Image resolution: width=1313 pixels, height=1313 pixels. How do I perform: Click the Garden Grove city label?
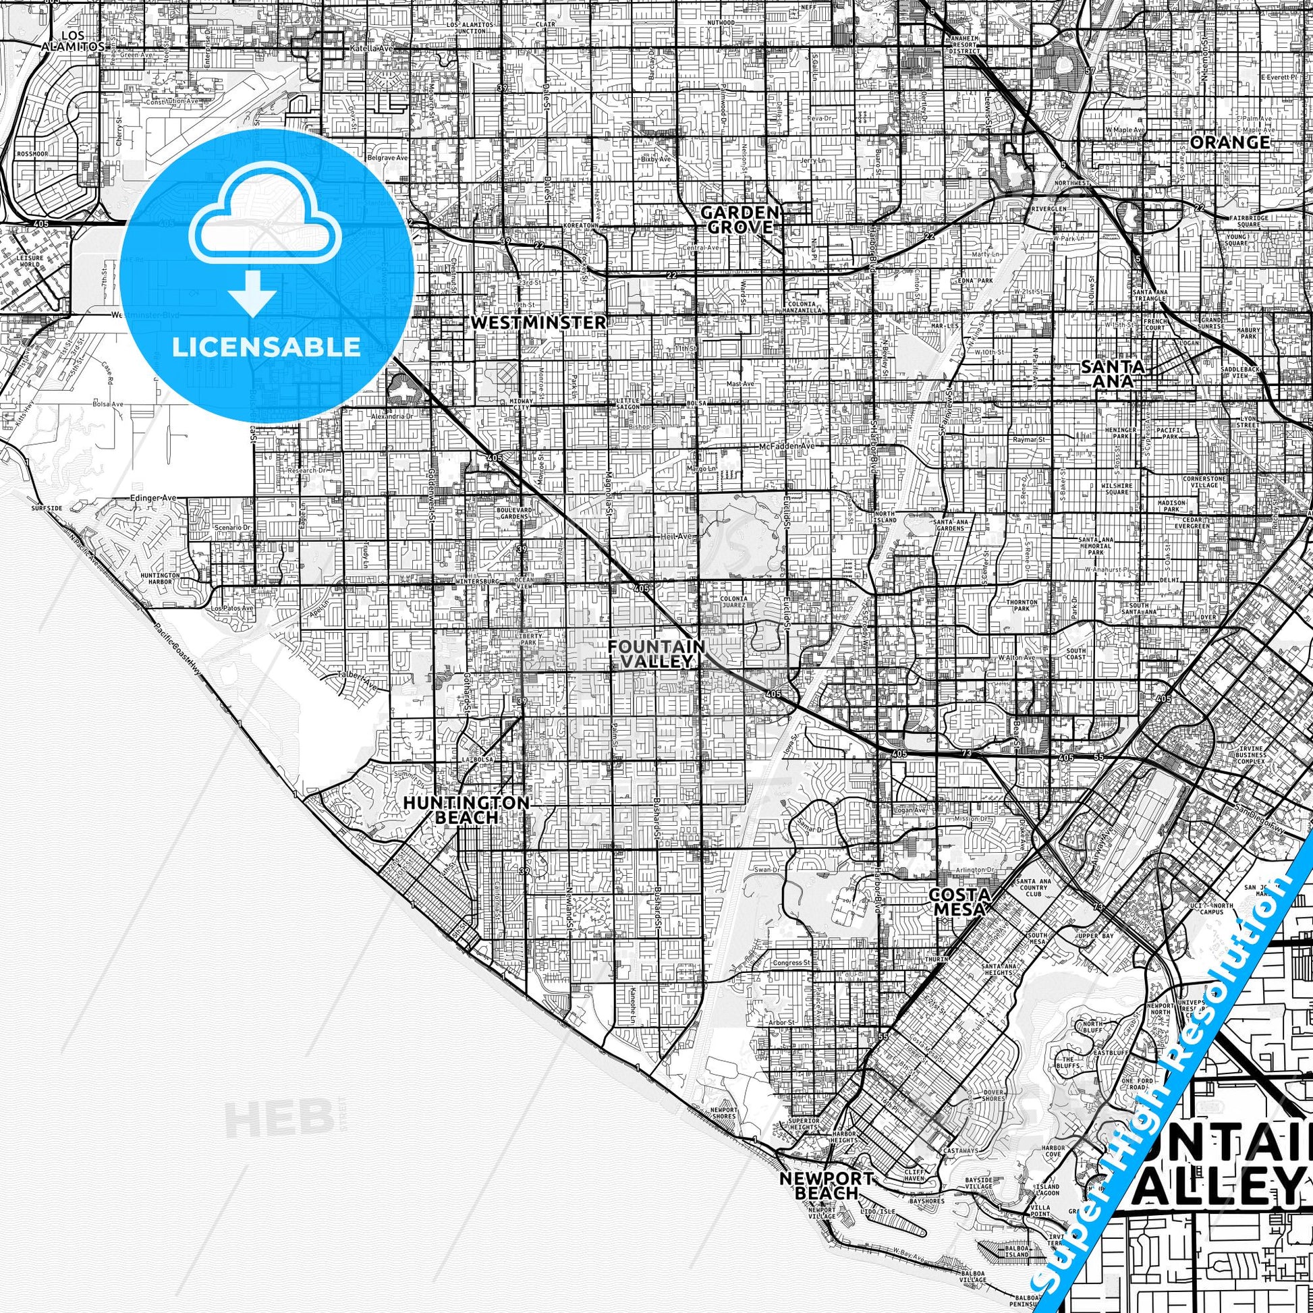[x=739, y=219]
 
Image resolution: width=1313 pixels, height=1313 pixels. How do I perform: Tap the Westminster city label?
[x=538, y=322]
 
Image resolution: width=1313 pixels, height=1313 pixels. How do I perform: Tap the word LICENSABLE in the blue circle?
[x=267, y=347]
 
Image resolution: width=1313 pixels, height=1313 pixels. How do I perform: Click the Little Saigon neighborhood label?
[x=627, y=403]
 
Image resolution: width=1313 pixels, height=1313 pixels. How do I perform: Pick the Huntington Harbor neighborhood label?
[x=161, y=578]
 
